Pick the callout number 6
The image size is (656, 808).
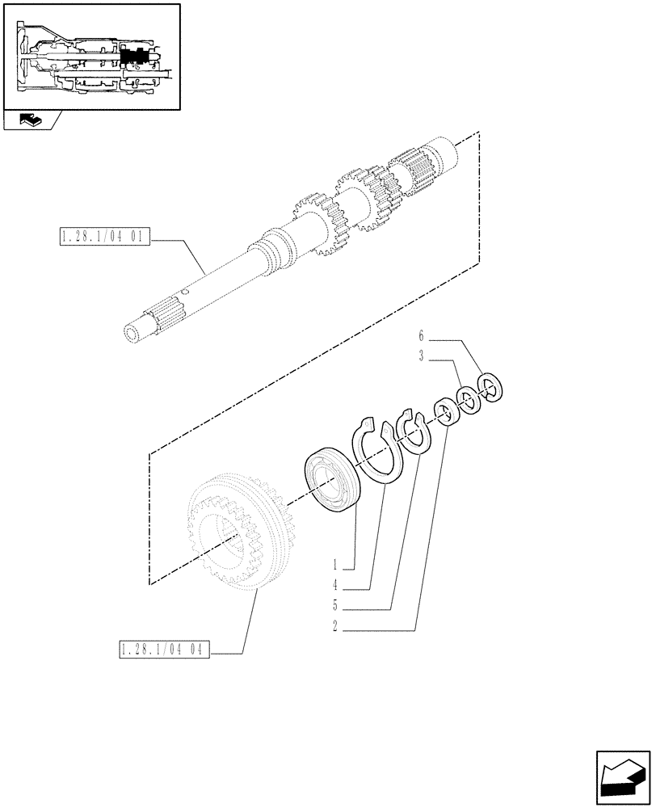(x=420, y=334)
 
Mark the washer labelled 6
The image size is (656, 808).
(x=490, y=385)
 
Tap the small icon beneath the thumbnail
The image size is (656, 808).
(x=31, y=121)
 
